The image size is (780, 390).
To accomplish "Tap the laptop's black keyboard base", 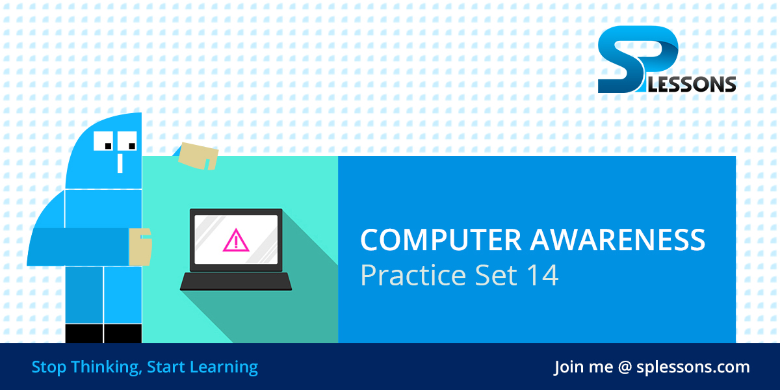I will coord(235,281).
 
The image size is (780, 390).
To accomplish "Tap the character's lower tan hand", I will coord(140,246).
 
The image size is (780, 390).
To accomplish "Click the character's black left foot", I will coord(84,333).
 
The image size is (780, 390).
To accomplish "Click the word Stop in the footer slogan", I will coord(49,367).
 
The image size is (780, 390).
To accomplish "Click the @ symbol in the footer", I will coord(625,367).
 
